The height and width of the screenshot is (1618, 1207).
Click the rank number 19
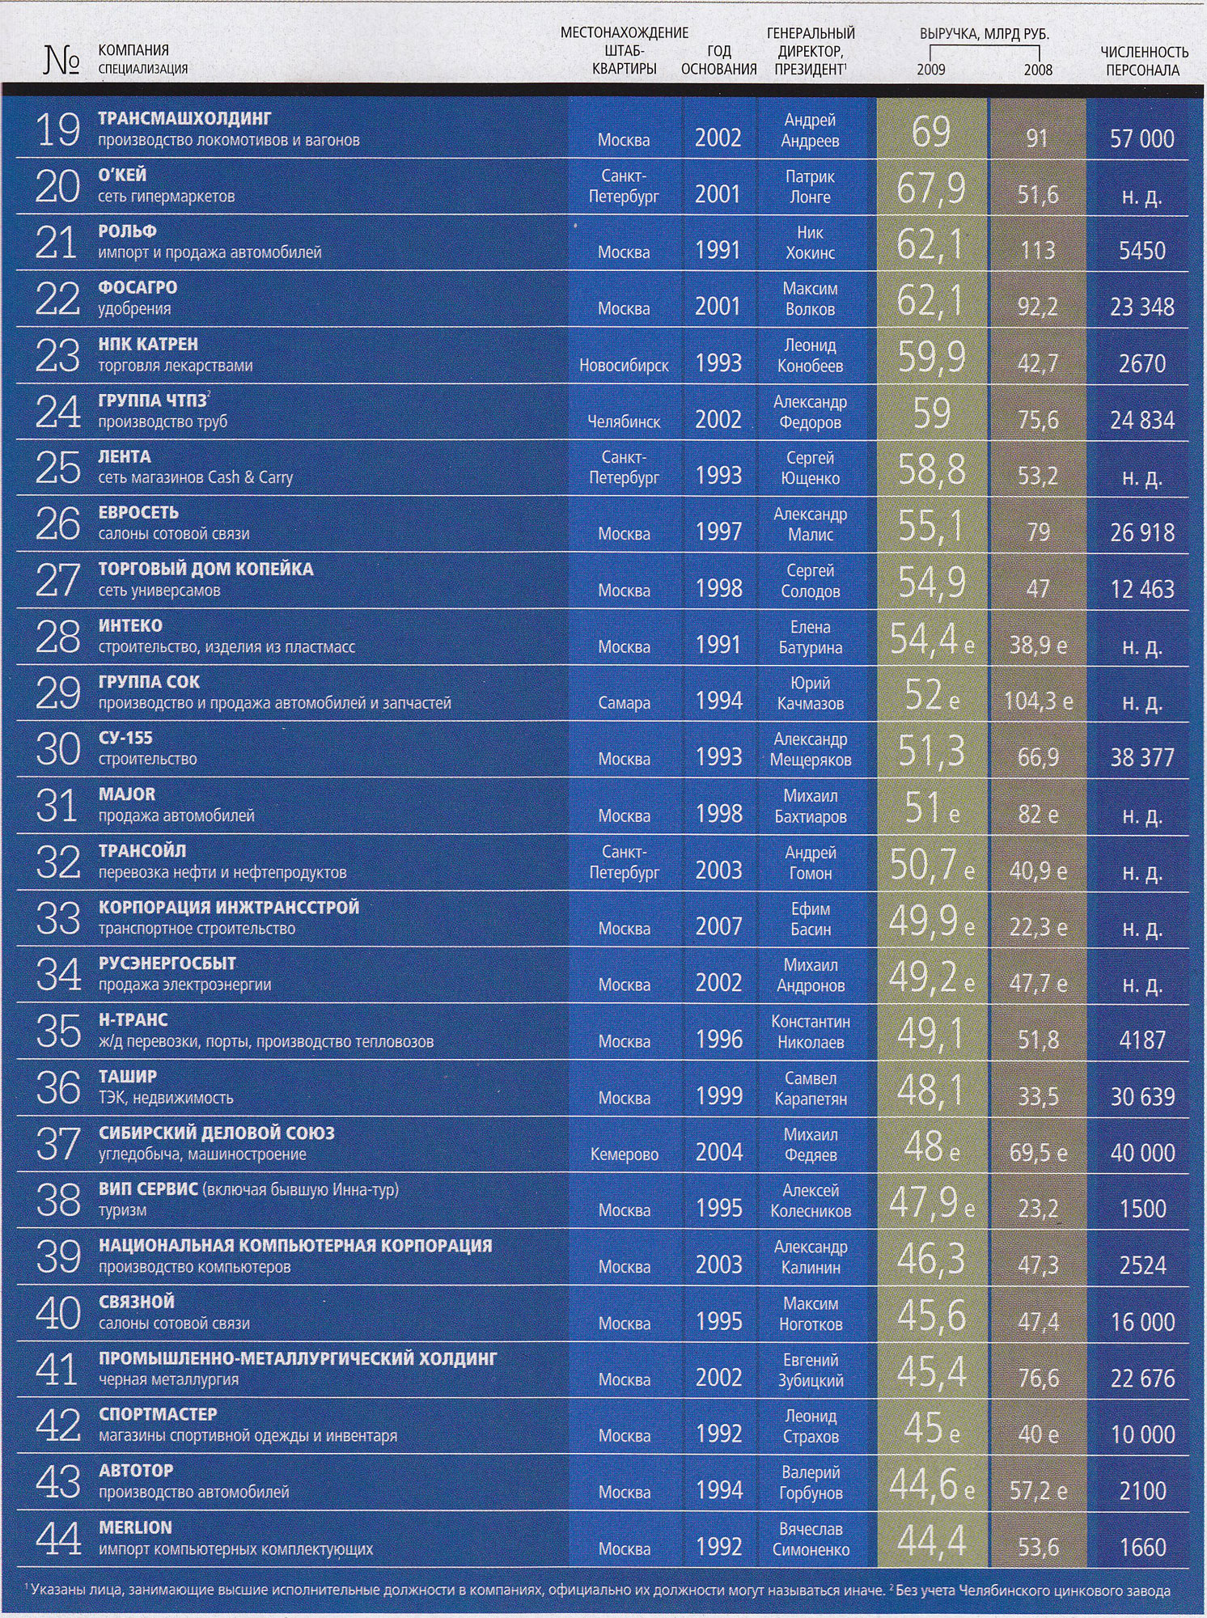point(57,130)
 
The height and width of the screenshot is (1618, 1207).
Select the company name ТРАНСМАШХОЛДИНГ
point(184,119)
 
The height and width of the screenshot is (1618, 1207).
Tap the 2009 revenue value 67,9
point(930,188)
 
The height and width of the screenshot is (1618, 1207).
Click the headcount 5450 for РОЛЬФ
point(1141,251)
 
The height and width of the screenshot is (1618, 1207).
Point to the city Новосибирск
point(623,366)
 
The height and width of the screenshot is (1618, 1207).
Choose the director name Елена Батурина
point(810,637)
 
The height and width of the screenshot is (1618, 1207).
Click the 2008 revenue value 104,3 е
point(1038,701)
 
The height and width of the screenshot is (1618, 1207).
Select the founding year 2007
point(718,926)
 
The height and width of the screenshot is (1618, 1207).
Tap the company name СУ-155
point(125,739)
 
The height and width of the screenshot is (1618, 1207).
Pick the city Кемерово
point(624,1154)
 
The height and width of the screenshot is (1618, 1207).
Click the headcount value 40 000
point(1141,1153)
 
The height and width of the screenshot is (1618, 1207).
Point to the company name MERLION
point(135,1527)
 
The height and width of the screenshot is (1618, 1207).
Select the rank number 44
point(58,1539)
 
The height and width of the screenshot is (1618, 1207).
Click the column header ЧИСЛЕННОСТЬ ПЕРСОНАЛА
point(1143,61)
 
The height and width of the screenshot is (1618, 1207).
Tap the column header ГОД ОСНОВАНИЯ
point(718,61)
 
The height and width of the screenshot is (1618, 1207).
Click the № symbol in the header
point(61,61)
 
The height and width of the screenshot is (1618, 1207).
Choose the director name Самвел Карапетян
point(810,1088)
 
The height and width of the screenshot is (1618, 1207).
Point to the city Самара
point(624,704)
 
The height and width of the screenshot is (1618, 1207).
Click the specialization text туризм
point(122,1211)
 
